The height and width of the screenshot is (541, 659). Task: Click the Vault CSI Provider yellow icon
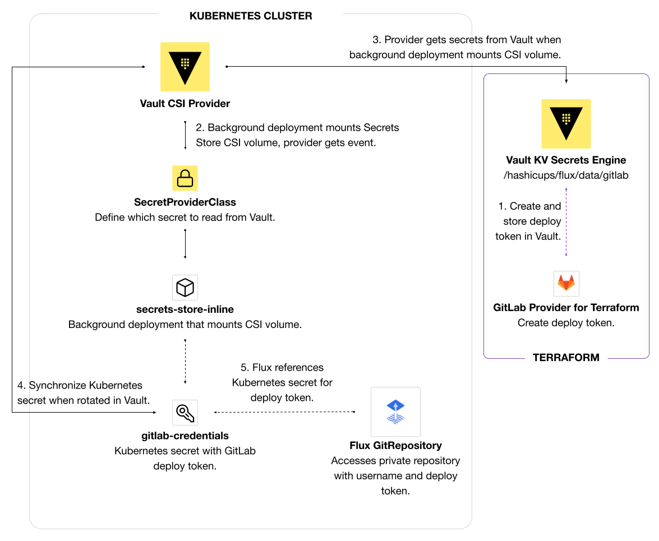point(185,67)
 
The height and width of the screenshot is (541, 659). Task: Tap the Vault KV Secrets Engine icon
point(566,124)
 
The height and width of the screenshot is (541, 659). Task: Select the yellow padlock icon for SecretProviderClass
point(185,178)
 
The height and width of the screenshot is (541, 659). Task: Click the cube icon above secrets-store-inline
point(185,288)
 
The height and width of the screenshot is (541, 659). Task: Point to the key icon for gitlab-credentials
point(185,413)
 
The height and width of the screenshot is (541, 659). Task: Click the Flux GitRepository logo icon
point(395,411)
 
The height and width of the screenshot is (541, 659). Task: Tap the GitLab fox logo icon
point(566,283)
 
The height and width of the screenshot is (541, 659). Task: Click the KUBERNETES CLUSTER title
point(251,16)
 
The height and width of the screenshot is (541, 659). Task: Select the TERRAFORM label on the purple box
point(566,358)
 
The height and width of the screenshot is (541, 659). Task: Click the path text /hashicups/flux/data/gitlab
point(566,175)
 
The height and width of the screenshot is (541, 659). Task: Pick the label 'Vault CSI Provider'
point(185,104)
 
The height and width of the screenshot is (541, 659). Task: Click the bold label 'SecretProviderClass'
point(185,202)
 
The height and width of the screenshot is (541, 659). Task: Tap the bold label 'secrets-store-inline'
point(185,309)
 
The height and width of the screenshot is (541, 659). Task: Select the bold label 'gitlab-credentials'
point(185,436)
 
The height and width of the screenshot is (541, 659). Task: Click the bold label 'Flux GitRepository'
point(395,446)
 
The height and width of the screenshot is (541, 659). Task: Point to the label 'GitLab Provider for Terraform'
point(566,308)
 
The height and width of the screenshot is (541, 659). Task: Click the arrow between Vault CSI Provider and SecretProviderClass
point(185,135)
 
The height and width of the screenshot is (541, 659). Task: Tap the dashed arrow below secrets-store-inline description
point(185,362)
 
